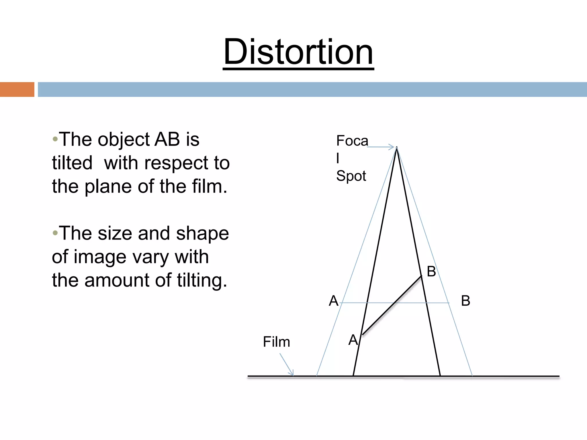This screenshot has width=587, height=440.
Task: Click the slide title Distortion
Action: click(x=298, y=52)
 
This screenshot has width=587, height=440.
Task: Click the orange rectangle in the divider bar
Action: click(x=17, y=89)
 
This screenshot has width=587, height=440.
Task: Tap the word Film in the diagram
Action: click(x=276, y=342)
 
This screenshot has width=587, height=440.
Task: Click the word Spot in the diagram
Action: click(x=351, y=176)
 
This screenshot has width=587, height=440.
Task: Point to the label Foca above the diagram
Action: click(x=352, y=141)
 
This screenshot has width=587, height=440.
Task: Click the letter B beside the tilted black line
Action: click(x=431, y=271)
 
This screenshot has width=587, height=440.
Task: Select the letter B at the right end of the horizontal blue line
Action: click(x=465, y=301)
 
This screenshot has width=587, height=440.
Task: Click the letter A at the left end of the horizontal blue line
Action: click(x=333, y=301)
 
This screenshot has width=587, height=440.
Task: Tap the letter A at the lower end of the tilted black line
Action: click(x=353, y=340)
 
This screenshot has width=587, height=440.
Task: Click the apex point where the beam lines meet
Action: click(x=397, y=148)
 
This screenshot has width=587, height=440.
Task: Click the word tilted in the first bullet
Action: click(x=72, y=163)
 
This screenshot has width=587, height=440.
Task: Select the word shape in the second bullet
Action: click(x=202, y=233)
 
